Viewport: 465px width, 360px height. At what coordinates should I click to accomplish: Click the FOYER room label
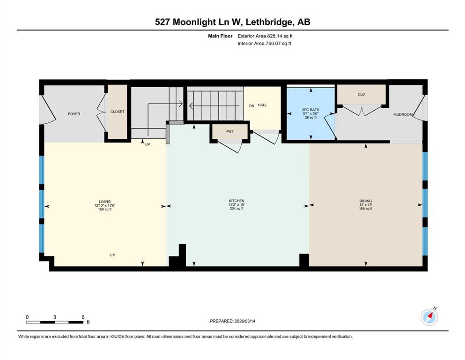pos(74,114)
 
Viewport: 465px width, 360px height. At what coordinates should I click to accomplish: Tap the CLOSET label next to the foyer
pos(117,112)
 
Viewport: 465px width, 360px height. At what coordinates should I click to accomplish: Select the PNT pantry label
pos(229,132)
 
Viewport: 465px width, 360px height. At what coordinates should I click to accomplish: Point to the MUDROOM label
pos(402,114)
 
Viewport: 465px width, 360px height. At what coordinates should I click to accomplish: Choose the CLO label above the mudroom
pos(361,94)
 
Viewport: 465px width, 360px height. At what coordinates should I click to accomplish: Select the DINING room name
pos(365,201)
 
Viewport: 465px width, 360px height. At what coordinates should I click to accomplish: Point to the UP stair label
pos(148,144)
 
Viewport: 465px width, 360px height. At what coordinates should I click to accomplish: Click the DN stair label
pos(251,105)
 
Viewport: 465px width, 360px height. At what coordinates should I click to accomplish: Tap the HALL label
pos(262,105)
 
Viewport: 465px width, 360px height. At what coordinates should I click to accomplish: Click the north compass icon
pos(429,317)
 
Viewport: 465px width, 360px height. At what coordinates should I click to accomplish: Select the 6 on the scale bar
pos(83,317)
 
